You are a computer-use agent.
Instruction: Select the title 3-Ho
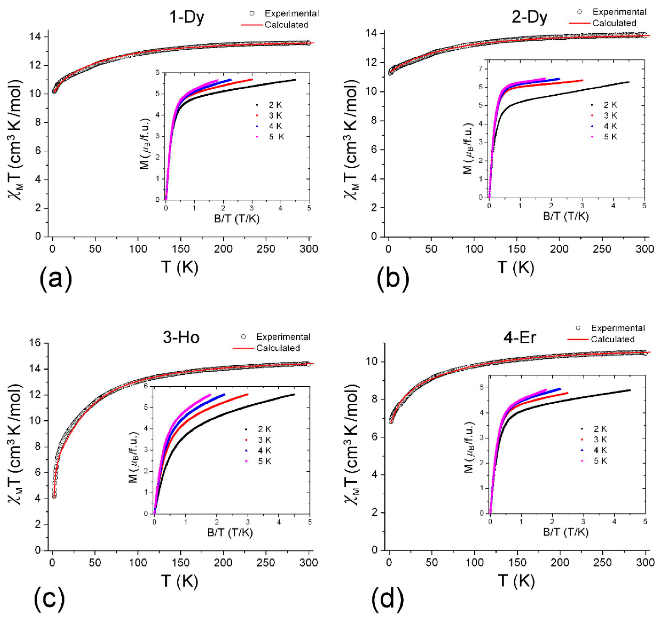181,337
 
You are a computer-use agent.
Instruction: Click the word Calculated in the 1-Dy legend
286,25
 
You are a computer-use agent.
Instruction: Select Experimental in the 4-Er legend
618,328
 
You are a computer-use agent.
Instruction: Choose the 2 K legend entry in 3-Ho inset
264,429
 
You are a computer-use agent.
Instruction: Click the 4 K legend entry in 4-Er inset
600,450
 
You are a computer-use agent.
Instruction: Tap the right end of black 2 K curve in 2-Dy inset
629,82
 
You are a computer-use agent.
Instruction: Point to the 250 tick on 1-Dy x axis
266,249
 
